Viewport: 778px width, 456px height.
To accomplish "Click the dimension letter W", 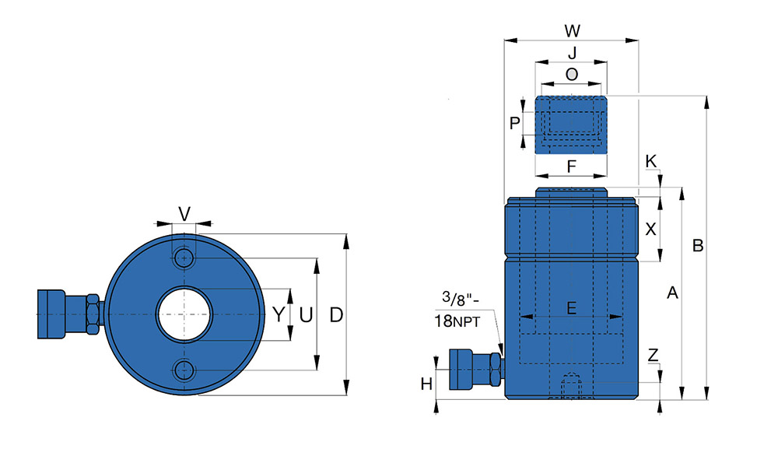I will (572, 31).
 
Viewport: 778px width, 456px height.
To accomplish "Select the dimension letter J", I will (572, 54).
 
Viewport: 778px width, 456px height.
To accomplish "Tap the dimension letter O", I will (572, 75).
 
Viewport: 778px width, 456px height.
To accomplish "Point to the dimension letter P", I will (513, 123).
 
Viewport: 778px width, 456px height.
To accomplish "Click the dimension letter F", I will (571, 166).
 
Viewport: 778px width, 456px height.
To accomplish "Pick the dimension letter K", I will (651, 160).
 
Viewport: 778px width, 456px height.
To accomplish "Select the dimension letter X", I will (651, 230).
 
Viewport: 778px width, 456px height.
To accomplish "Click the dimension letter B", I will (698, 246).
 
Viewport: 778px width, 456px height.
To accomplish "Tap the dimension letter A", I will (673, 293).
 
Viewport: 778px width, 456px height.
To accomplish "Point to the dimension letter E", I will (571, 308).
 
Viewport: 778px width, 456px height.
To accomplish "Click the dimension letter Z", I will (654, 355).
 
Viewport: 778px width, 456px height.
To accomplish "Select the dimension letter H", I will (426, 384).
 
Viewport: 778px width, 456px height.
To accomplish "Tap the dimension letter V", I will (184, 213).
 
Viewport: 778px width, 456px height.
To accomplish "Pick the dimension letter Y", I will (279, 315).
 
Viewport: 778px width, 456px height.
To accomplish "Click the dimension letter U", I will (306, 315).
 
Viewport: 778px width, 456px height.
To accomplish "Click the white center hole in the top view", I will (184, 314).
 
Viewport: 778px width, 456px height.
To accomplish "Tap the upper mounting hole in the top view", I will (184, 258).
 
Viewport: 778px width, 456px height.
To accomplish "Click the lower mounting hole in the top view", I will (184, 369).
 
